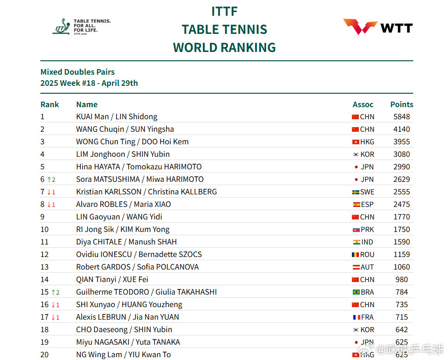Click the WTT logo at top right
coord(377,27)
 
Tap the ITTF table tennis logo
coord(81,27)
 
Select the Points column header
coord(402,104)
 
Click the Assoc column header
coord(363,104)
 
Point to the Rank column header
coord(50,104)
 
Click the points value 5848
coord(402,117)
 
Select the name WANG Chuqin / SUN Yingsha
coord(125,129)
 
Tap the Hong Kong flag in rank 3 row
coord(356,142)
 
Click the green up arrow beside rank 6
coord(48,180)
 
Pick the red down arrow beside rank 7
coord(48,192)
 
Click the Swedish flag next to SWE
coord(356,192)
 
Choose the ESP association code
coord(367,205)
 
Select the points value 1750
coord(402,230)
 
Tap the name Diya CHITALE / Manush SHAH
coord(126,242)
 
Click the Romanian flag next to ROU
coord(356,255)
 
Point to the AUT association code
coord(367,267)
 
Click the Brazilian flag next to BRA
coord(356,292)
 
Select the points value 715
coord(402,317)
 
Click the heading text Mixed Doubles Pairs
coord(78,72)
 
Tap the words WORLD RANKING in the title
coord(224,47)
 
